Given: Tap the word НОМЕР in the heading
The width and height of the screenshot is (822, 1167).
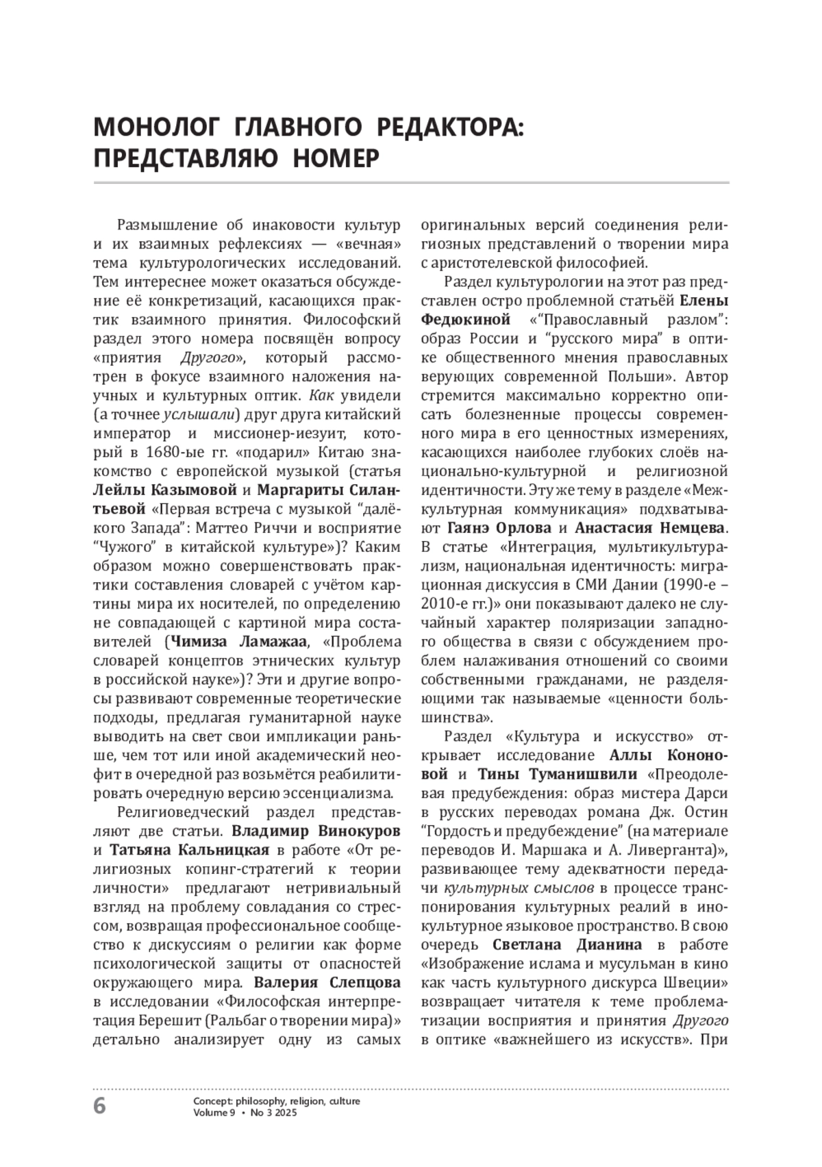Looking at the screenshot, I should coord(336,159).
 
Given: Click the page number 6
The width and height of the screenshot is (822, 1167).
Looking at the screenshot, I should coord(100,1105).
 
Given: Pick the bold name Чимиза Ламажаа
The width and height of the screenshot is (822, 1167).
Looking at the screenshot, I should coord(239,642).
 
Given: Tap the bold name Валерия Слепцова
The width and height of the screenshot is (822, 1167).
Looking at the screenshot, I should coord(327,983).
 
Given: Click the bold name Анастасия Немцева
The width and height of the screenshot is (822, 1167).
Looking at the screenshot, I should coord(650,529).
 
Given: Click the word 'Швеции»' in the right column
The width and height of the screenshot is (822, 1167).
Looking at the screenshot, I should coord(703,983).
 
